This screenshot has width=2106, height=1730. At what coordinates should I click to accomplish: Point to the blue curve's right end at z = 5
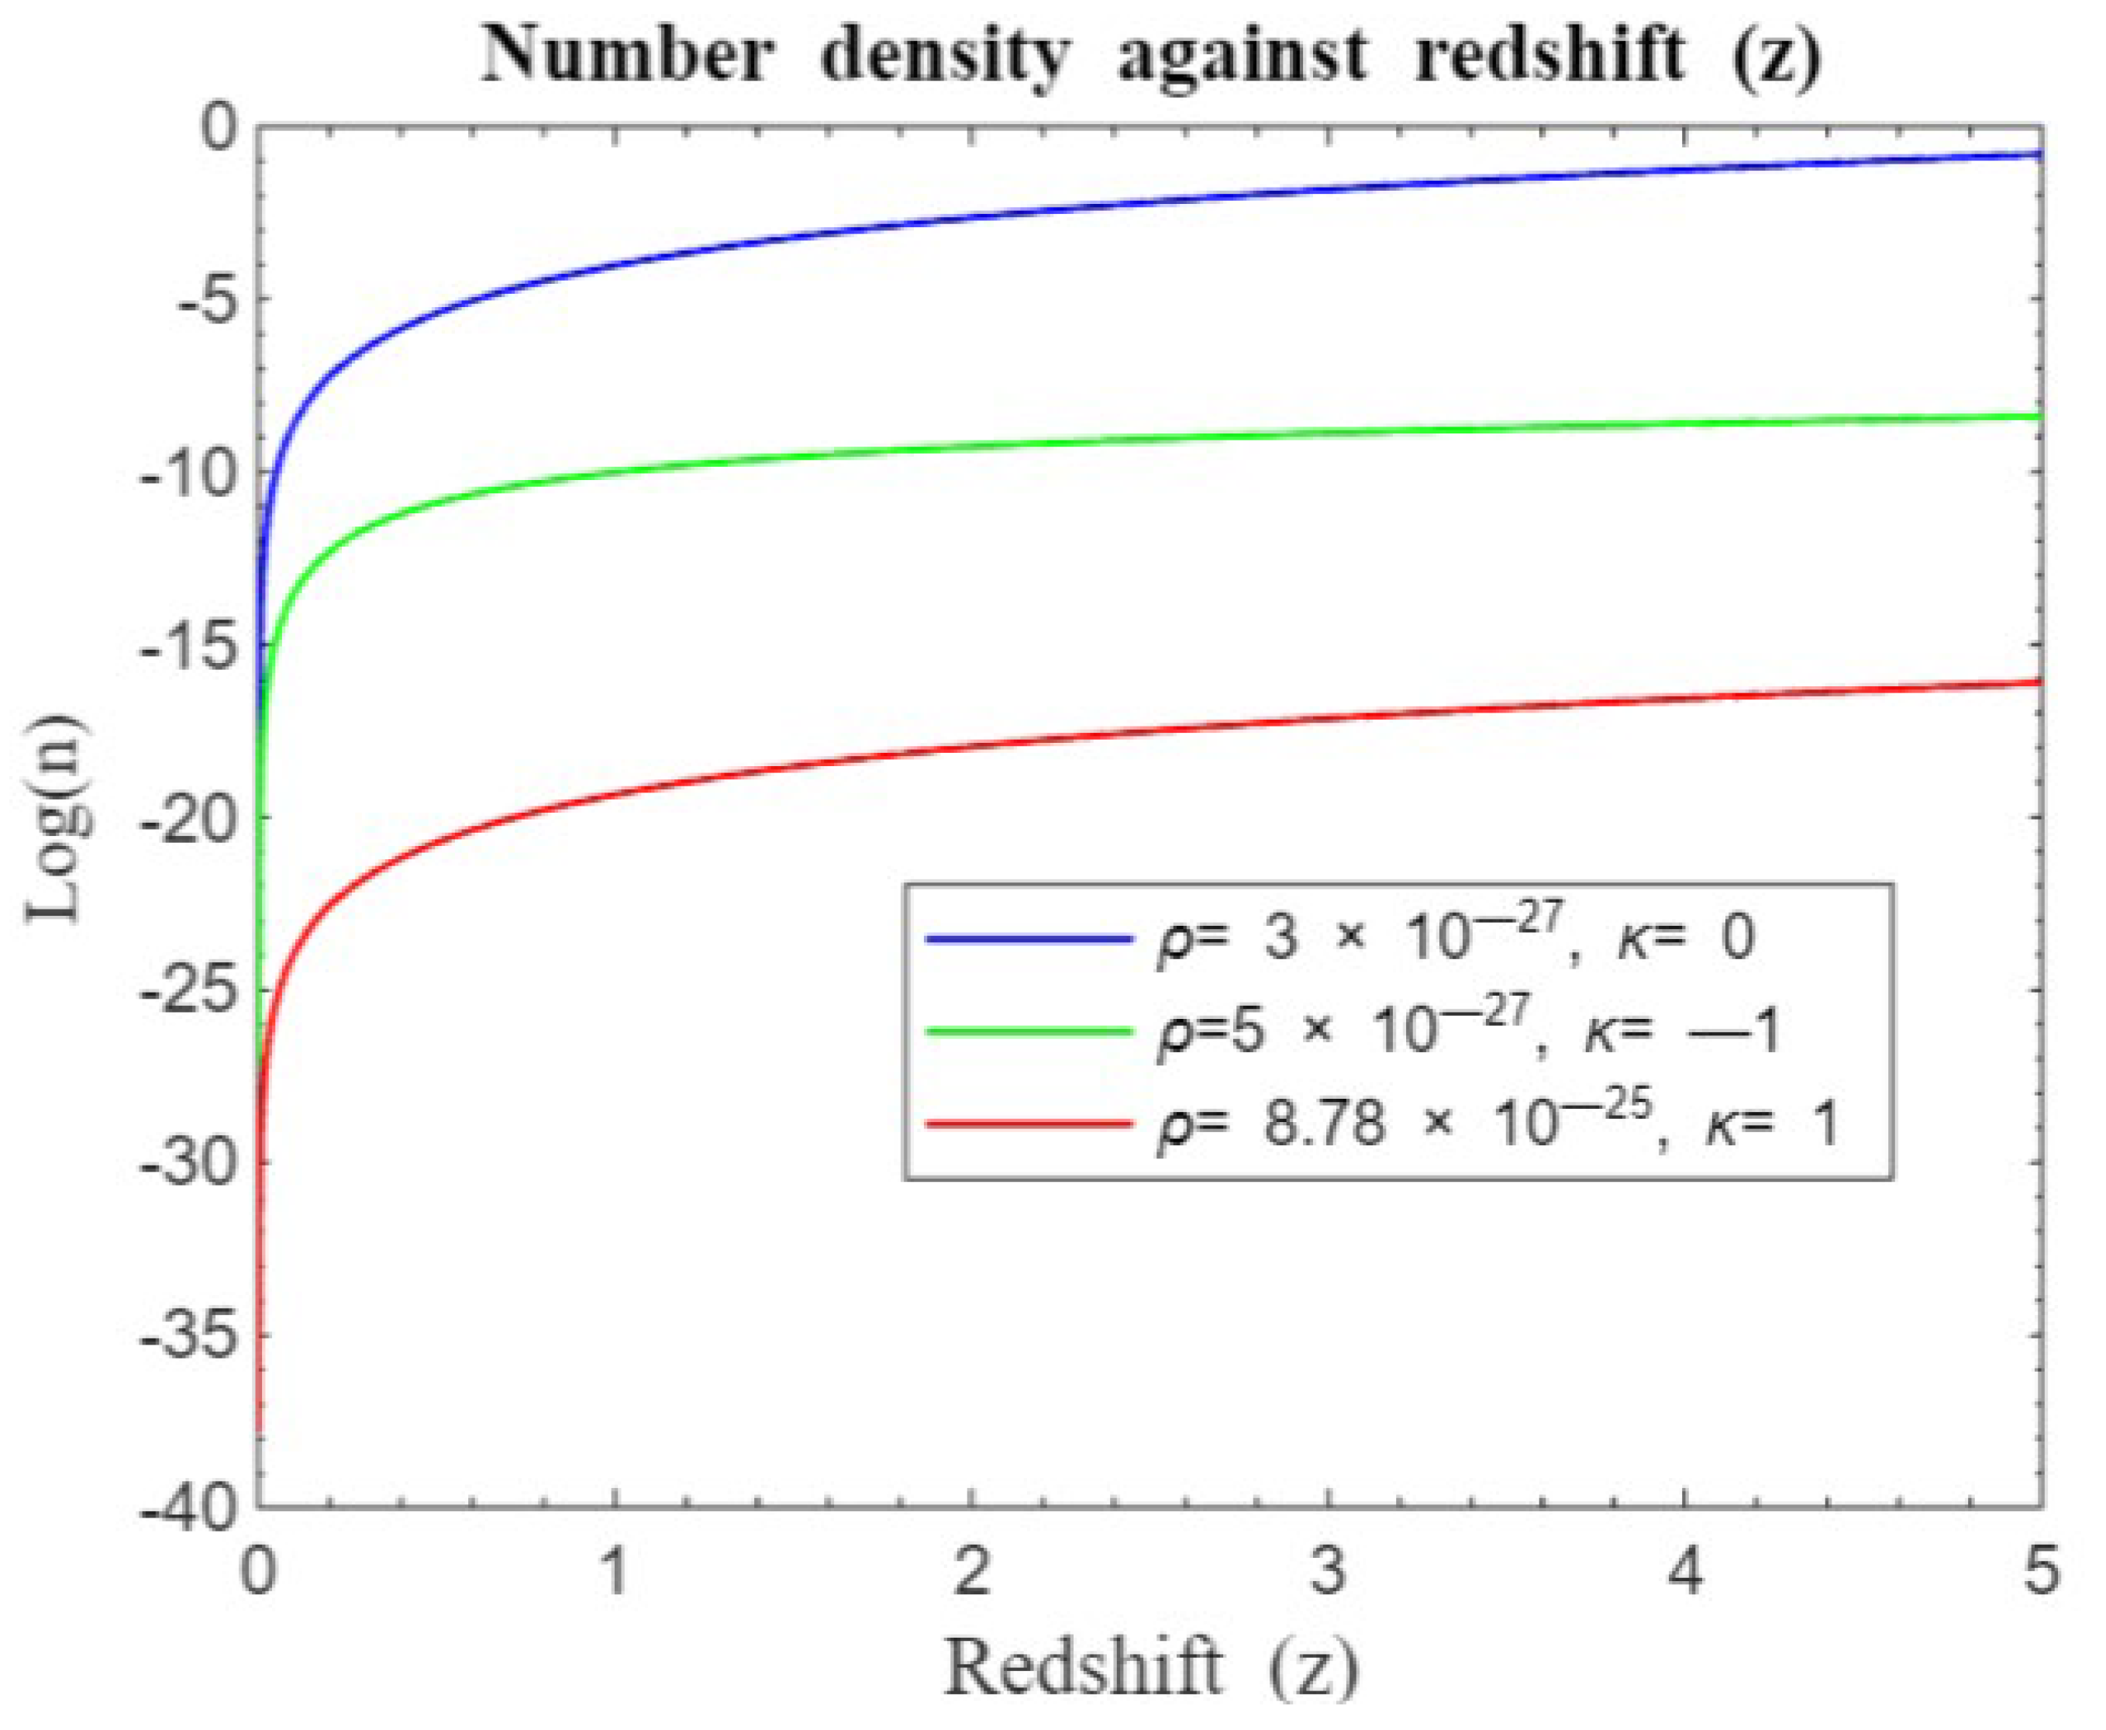(x=2039, y=154)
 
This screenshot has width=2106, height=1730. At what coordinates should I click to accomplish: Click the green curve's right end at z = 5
(x=2039, y=416)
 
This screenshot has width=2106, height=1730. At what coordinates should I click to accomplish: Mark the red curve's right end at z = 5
(x=2039, y=682)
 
